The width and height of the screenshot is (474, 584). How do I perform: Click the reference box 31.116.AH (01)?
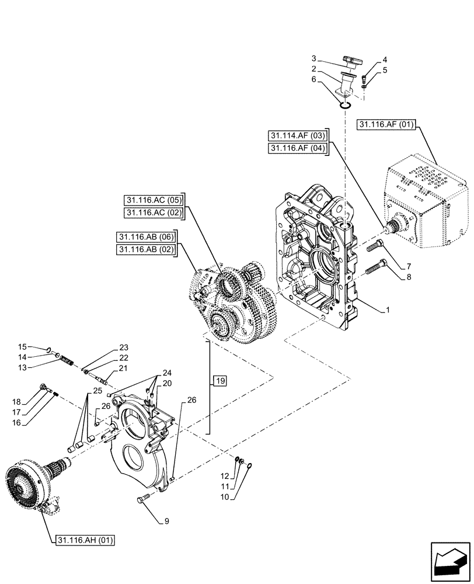[x=86, y=540]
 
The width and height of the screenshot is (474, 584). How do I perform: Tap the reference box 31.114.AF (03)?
[x=298, y=136]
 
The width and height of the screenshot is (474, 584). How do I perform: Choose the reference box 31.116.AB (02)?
[x=147, y=250]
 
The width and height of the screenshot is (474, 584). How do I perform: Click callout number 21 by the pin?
[x=123, y=368]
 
